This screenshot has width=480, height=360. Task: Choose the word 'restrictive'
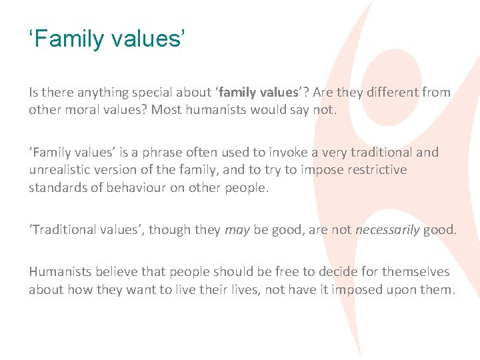[374, 169]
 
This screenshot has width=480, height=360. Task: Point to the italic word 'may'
[237, 230]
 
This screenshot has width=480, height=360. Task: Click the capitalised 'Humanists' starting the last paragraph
[59, 272]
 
